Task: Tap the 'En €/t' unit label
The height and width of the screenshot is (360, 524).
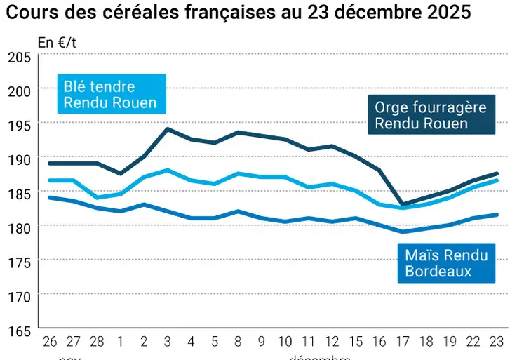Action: pyautogui.click(x=57, y=43)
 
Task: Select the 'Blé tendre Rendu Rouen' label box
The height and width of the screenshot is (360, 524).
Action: pyautogui.click(x=111, y=95)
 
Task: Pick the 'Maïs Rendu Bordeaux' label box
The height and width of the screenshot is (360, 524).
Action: pyautogui.click(x=446, y=263)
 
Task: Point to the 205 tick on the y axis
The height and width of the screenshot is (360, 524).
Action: pyautogui.click(x=19, y=57)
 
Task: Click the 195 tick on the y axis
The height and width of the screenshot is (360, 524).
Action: pyautogui.click(x=19, y=125)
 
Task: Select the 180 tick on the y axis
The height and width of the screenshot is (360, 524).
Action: pyautogui.click(x=19, y=227)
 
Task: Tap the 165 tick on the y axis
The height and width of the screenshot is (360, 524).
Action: pyautogui.click(x=19, y=329)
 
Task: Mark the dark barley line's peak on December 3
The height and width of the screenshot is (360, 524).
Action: pyautogui.click(x=168, y=129)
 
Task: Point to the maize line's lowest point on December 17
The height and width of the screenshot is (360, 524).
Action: pyautogui.click(x=403, y=232)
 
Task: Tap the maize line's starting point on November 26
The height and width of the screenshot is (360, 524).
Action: pyautogui.click(x=49, y=197)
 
